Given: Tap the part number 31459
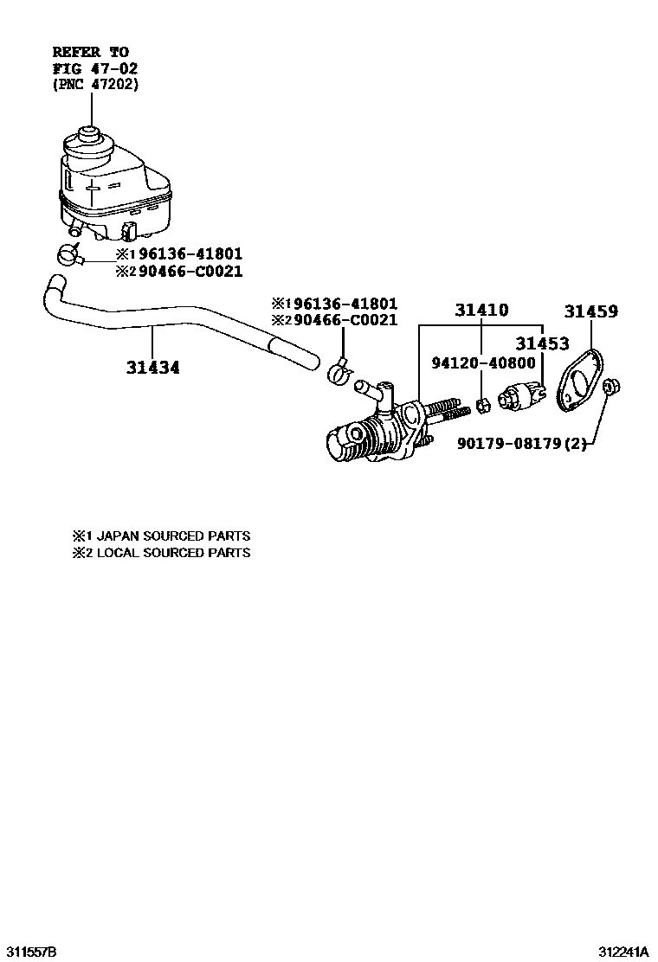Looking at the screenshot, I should point(592,311).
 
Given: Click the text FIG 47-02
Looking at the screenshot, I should point(94,68).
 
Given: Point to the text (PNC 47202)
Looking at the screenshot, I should point(94,84).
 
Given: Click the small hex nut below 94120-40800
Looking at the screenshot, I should point(487,403).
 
